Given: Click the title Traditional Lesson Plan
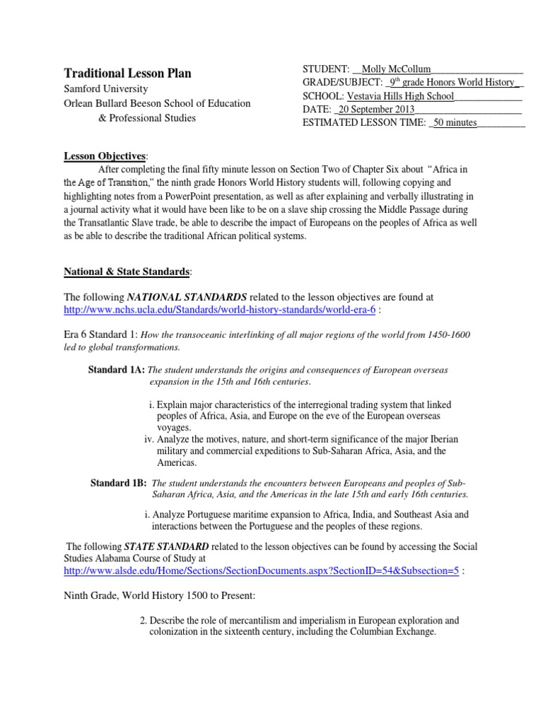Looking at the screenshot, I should click(128, 74).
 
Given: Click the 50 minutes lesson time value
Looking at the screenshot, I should click(455, 123).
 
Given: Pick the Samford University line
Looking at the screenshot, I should click(106, 89).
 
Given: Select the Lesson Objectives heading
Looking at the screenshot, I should click(105, 156).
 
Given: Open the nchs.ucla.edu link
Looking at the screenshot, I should click(220, 312).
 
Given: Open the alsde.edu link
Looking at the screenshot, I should click(262, 570).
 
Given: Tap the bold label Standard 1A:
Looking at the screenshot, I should click(116, 370).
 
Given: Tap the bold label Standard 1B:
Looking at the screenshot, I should click(119, 483).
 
